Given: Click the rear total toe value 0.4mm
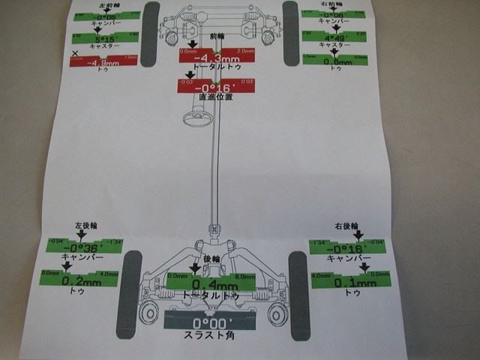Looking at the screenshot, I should (x=213, y=283).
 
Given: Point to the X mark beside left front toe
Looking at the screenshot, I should (x=75, y=53).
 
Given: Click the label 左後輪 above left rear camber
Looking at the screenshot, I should (x=87, y=224).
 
